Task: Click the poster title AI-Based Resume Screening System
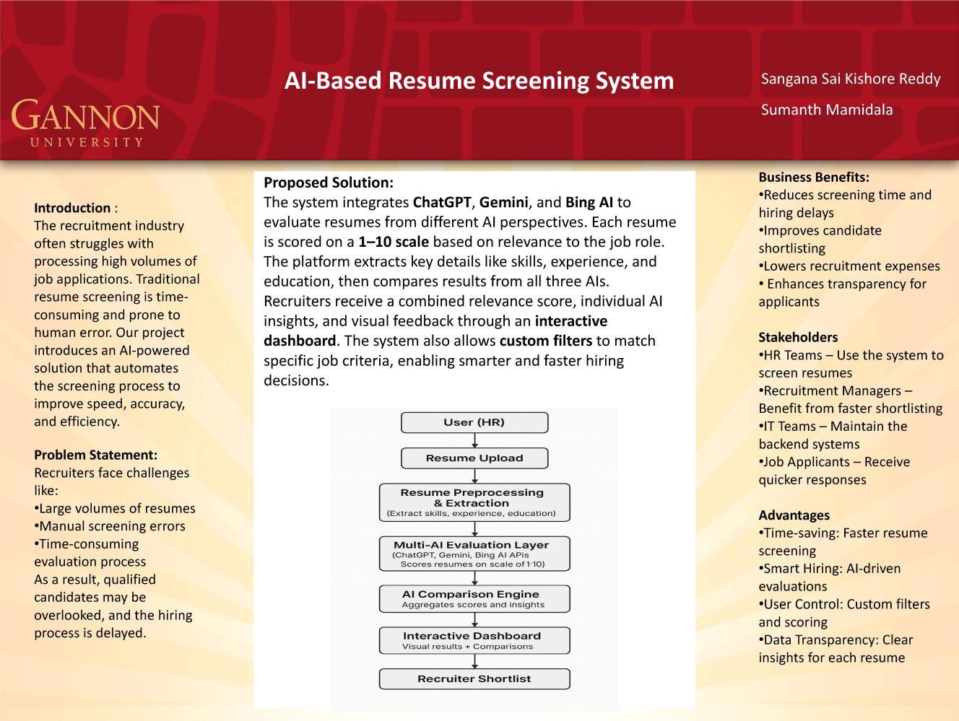479,80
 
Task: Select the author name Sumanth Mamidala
826,110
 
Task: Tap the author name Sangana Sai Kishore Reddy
850,79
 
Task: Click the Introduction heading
72,208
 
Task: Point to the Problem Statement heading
95,455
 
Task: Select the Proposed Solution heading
328,183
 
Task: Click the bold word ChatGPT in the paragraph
441,202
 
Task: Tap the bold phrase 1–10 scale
393,242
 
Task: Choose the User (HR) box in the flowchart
474,422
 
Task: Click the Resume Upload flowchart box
474,458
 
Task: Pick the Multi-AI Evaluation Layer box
474,554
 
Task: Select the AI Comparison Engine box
474,598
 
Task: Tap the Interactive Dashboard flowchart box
474,640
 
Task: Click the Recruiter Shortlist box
474,678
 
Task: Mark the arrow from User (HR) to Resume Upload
474,440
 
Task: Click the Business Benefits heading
813,177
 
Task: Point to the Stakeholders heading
797,337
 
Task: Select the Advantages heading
794,515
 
